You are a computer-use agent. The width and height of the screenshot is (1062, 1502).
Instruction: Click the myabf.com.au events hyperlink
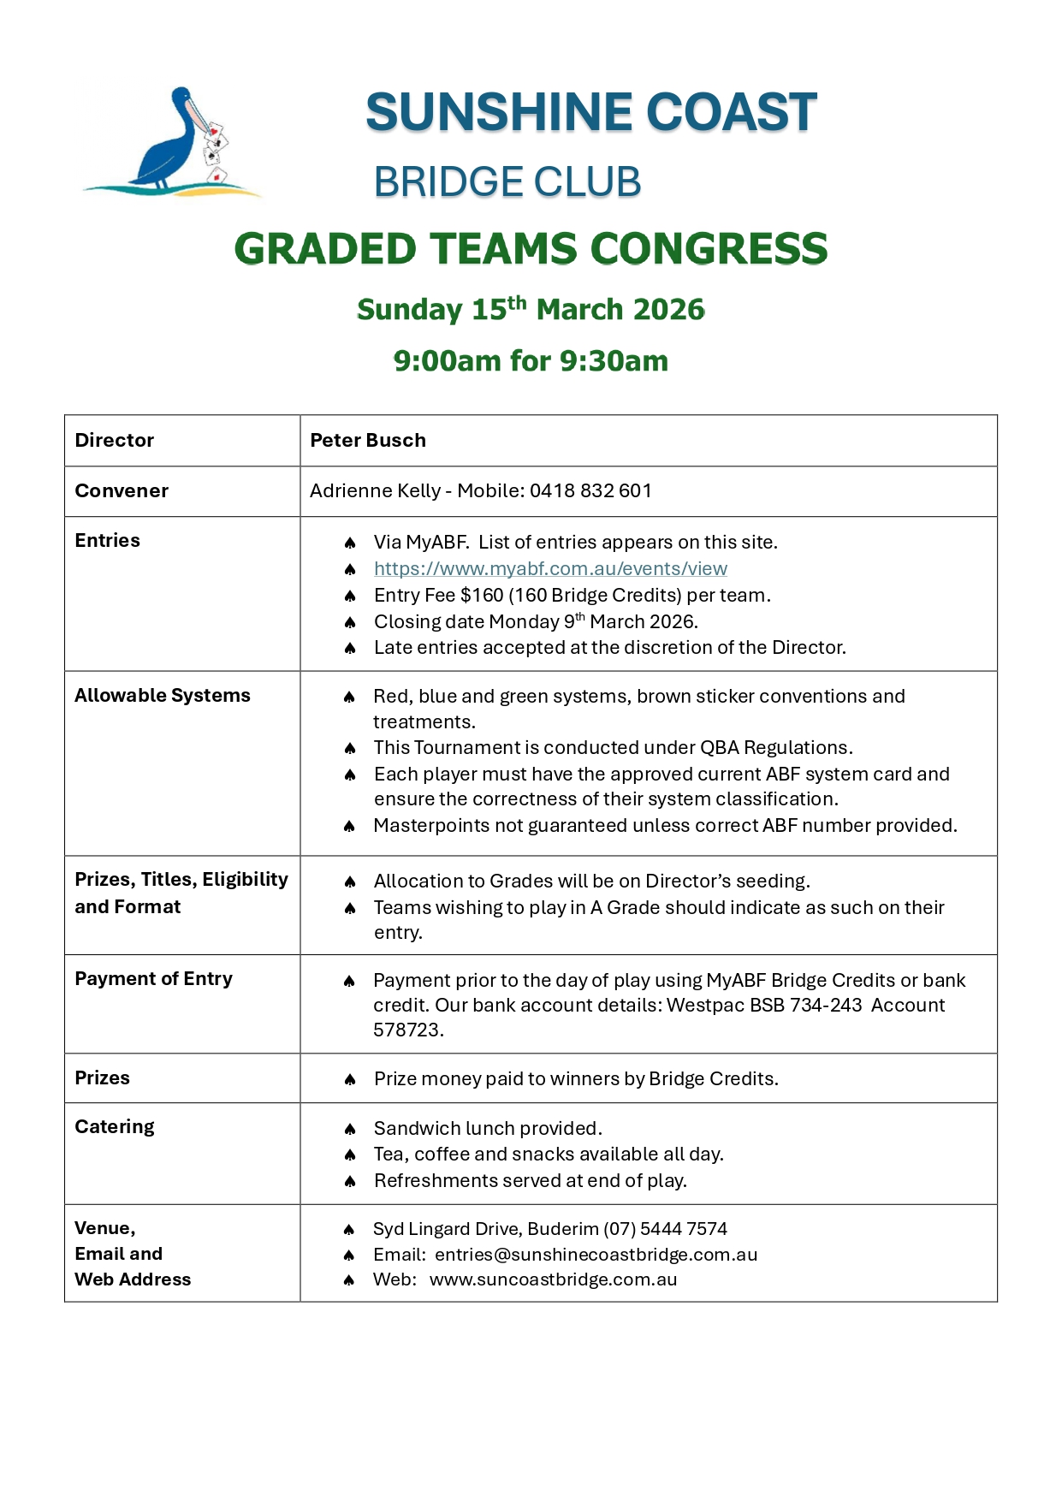pos(550,569)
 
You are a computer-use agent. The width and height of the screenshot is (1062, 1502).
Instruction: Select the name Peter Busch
pos(368,441)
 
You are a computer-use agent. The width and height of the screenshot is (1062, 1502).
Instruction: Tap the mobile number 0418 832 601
pos(590,491)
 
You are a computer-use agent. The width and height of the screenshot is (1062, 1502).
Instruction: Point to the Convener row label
pos(122,491)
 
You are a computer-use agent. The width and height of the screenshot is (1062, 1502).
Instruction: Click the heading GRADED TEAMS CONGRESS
pos(531,249)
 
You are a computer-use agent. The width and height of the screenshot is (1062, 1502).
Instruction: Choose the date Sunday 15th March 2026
pos(531,310)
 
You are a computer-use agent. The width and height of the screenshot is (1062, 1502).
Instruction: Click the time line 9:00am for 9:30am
pos(531,361)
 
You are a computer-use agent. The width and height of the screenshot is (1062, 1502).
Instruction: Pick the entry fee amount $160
pos(482,596)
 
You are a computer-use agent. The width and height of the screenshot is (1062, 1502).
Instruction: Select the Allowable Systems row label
pos(163,696)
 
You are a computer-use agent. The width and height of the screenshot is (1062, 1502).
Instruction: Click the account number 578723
pos(406,1030)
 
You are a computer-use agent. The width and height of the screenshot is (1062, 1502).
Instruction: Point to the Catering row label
pos(115,1127)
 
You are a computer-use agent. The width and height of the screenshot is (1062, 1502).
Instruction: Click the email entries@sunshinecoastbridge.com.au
pos(596,1255)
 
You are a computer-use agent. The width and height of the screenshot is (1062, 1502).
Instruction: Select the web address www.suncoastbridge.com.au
pos(553,1280)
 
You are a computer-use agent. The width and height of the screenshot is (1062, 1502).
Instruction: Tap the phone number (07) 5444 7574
pos(665,1230)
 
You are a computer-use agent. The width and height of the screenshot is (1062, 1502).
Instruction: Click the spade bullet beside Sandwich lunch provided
pos(350,1130)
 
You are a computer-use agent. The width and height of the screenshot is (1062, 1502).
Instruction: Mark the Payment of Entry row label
pos(154,979)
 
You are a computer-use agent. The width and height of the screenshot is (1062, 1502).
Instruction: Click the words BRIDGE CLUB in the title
pos(507,182)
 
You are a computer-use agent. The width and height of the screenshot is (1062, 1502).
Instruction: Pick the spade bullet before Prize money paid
pos(350,1080)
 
